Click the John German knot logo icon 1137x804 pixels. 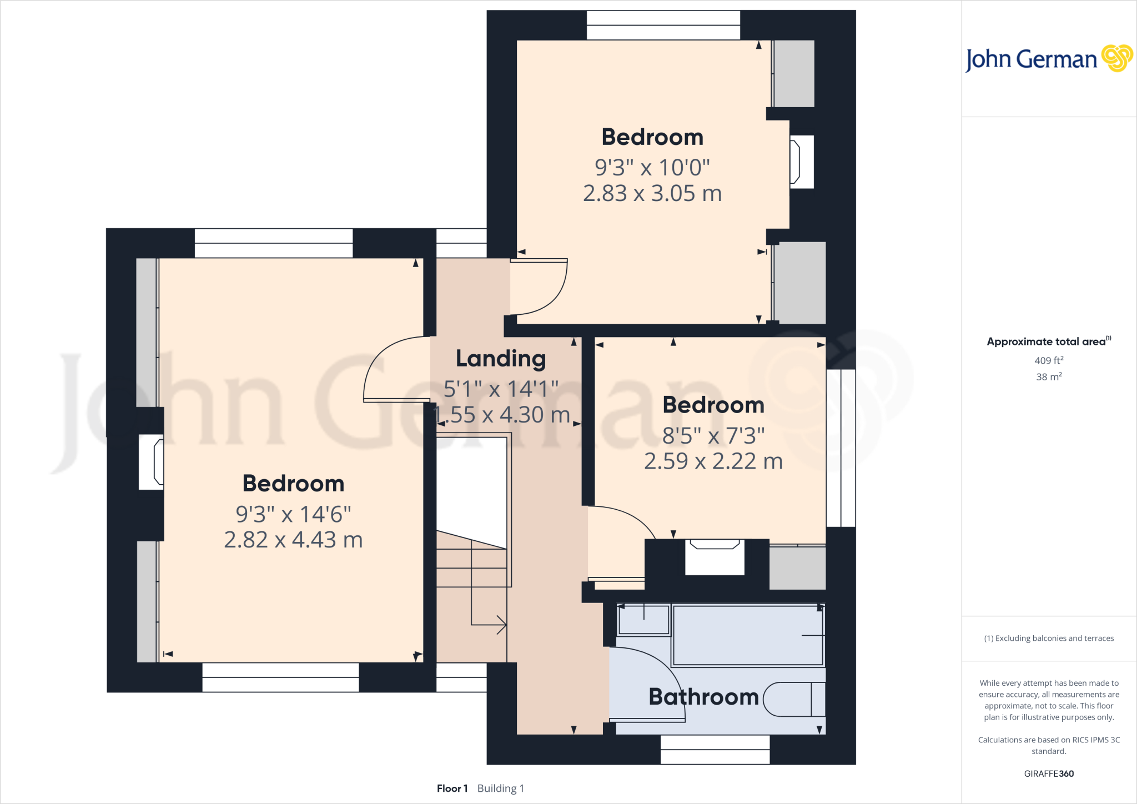coord(1116,58)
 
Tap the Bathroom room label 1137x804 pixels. coord(703,697)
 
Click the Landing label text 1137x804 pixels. coord(501,359)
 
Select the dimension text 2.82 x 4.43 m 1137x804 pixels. coord(293,540)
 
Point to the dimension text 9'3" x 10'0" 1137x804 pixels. coord(652,167)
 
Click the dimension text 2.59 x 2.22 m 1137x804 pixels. coord(713,461)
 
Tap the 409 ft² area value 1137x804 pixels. coord(1049,360)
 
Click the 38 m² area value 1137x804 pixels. coord(1049,376)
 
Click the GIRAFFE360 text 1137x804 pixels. coord(1049,773)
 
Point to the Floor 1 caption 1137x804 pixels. coord(452,788)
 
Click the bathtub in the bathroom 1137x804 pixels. coord(747,636)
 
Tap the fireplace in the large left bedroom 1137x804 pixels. coord(152,462)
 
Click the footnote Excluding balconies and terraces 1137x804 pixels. coord(1049,639)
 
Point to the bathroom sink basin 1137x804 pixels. coord(644,620)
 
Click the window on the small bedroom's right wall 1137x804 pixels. coord(841,448)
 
